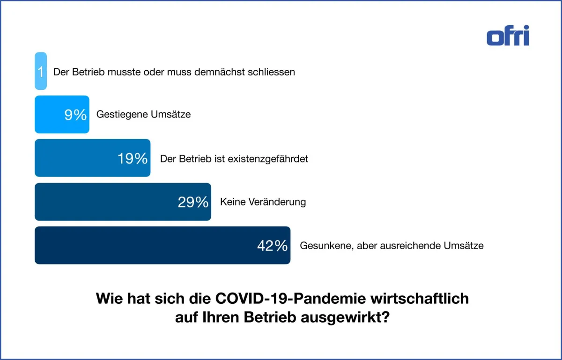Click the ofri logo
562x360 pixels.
(x=508, y=36)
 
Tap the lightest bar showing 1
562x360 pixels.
(x=41, y=71)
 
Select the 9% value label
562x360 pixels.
(x=75, y=115)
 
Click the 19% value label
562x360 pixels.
(x=133, y=158)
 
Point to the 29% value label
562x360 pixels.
(x=193, y=202)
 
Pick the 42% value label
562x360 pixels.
(x=272, y=245)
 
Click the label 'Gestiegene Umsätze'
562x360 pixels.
(x=143, y=115)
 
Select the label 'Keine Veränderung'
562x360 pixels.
(x=263, y=202)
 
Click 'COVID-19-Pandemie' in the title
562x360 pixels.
(x=291, y=299)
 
